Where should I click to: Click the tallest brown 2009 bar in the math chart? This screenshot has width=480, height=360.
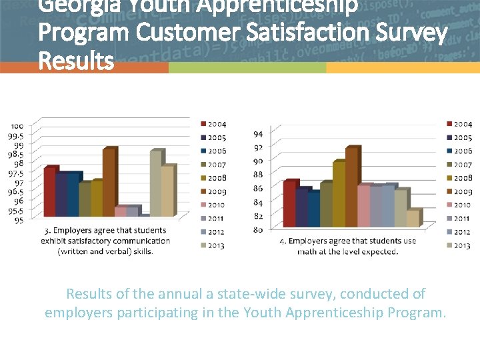tap(351, 187)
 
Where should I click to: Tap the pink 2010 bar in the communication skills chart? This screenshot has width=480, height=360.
tap(120, 211)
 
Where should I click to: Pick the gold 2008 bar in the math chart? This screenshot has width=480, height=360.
tap(339, 194)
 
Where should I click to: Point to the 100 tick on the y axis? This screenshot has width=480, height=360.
tap(17, 126)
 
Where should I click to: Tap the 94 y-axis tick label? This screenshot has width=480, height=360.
tap(257, 133)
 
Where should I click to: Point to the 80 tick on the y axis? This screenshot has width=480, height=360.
tap(257, 229)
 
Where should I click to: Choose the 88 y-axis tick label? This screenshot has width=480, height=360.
tap(257, 175)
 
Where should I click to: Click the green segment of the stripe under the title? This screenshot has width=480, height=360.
tap(247, 68)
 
